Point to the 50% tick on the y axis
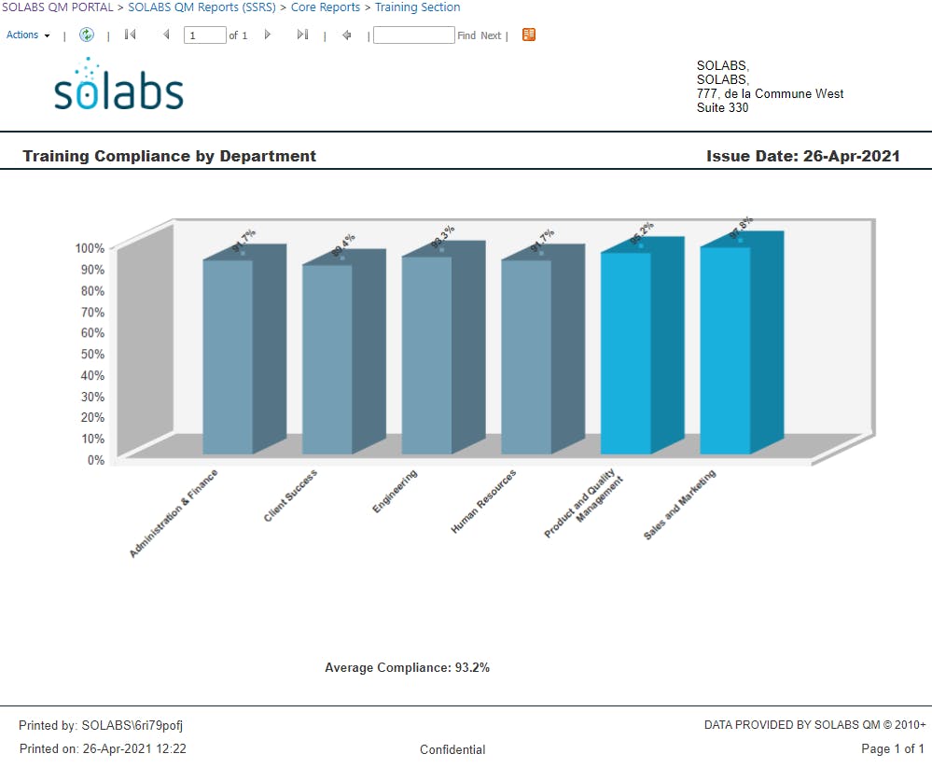90,354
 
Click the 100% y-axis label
90,248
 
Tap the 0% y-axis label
96,460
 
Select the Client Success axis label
291,495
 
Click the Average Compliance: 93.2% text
407,668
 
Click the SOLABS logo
118,86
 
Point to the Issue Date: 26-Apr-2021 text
802,157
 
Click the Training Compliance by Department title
169,157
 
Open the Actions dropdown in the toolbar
28,35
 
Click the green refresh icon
87,35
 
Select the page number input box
204,35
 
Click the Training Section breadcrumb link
417,7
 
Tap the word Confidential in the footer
452,749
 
